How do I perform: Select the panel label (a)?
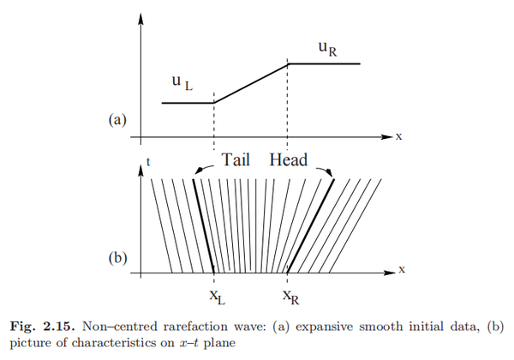(118, 121)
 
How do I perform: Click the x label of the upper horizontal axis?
(399, 136)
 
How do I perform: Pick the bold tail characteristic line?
(204, 226)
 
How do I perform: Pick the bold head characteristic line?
(310, 226)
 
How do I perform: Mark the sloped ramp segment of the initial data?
(251, 83)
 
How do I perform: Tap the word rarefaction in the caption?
(164, 325)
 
